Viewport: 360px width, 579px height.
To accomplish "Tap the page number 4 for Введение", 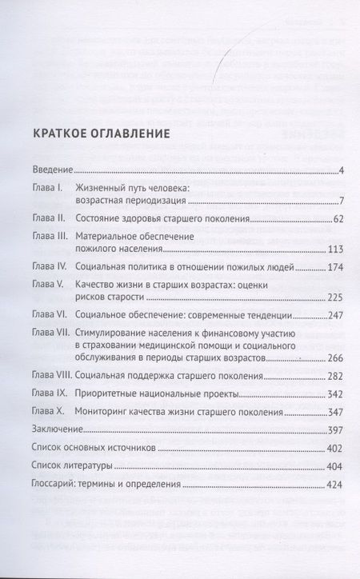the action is tap(341, 170).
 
